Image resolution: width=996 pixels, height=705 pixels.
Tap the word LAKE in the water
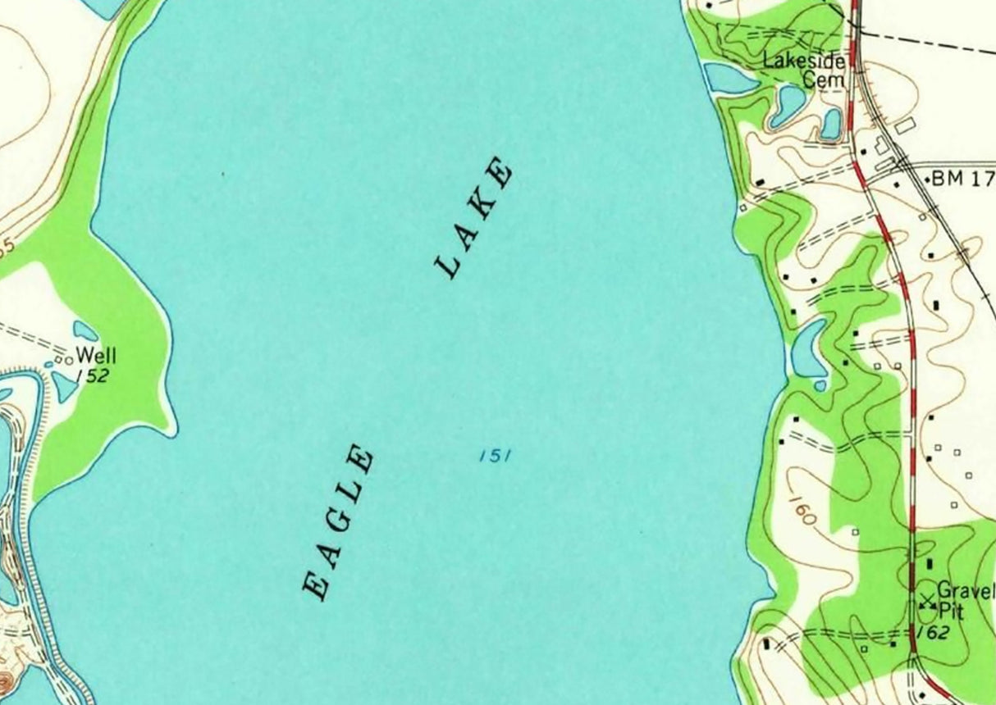click(474, 220)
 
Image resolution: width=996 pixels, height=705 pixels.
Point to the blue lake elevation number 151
click(495, 455)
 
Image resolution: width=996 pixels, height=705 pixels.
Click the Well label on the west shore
click(96, 356)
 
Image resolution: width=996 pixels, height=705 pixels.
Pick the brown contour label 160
click(803, 507)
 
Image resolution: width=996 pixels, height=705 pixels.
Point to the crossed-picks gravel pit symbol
click(928, 601)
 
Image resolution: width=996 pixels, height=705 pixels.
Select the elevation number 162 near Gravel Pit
click(934, 632)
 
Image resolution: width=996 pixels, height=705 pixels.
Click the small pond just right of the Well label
click(85, 330)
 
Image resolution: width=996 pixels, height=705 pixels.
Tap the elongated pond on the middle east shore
click(809, 347)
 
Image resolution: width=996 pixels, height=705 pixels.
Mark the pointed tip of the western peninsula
click(171, 430)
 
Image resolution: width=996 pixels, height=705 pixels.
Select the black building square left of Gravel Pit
click(929, 564)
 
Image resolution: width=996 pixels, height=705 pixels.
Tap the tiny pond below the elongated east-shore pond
click(820, 384)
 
